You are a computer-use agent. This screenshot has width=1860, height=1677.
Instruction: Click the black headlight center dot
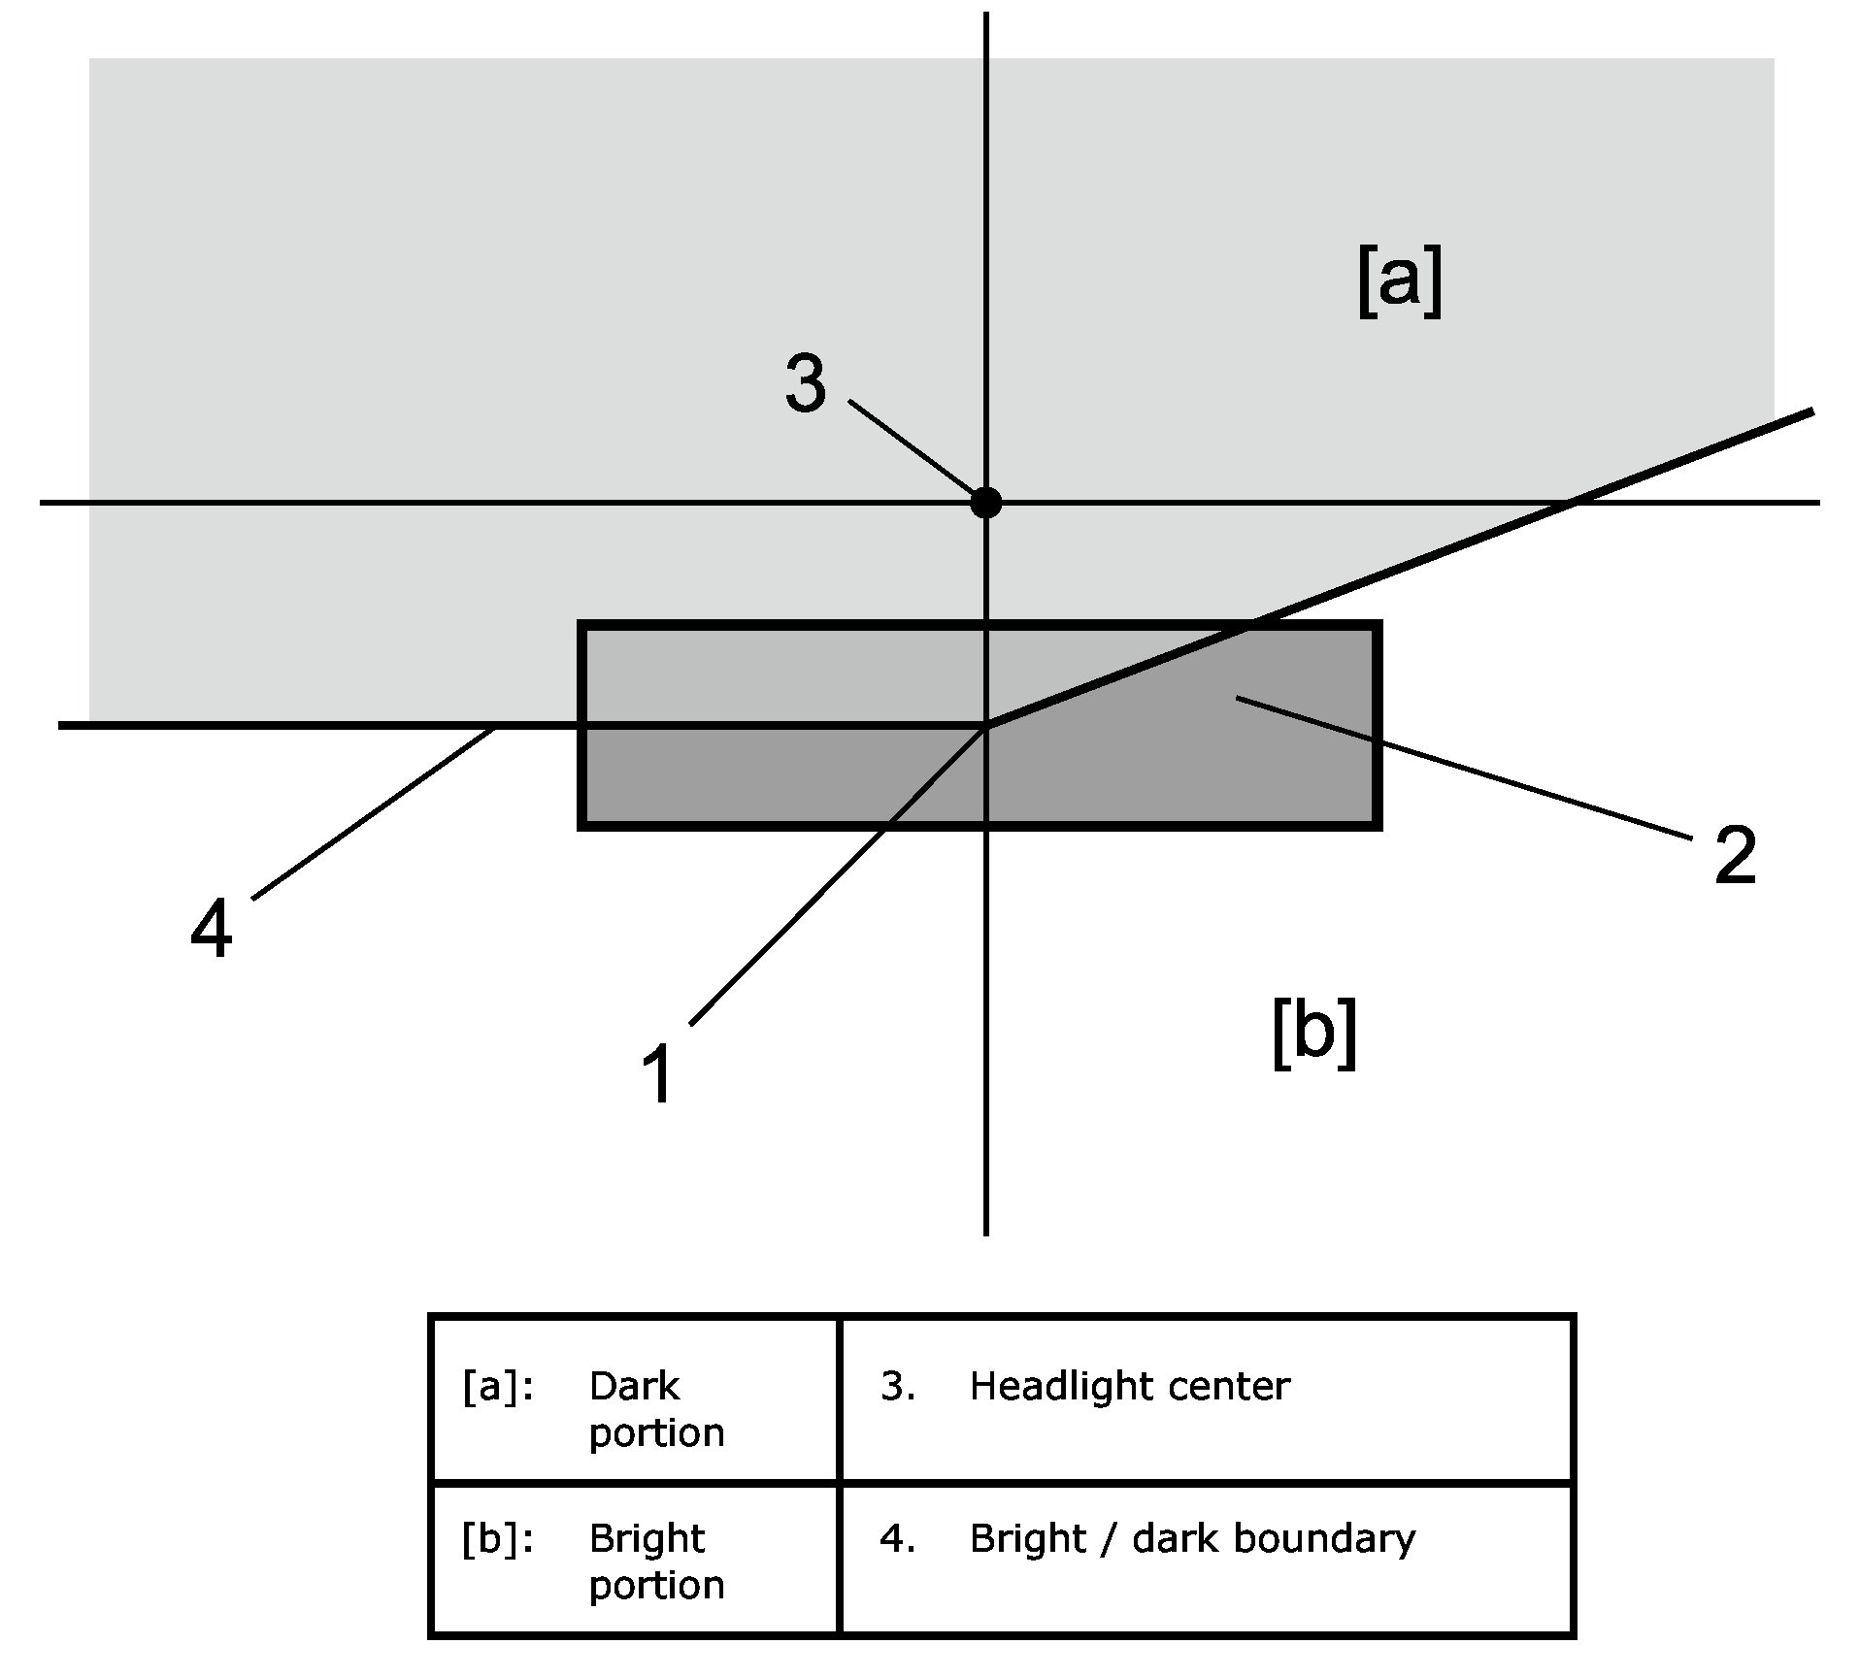pyautogui.click(x=985, y=503)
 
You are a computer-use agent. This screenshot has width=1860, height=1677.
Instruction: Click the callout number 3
pyautogui.click(x=806, y=384)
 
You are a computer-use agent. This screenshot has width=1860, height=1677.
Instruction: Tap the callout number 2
pyautogui.click(x=1736, y=855)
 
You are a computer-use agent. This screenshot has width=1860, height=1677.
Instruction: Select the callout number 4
pyautogui.click(x=212, y=929)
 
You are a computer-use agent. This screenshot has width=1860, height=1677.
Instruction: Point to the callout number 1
pyautogui.click(x=658, y=1074)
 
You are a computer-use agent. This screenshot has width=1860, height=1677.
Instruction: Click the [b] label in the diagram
pyautogui.click(x=1313, y=1035)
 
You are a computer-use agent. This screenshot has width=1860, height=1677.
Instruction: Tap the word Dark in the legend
pyautogui.click(x=634, y=1387)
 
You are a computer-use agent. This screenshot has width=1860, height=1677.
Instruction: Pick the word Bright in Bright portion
pyautogui.click(x=647, y=1540)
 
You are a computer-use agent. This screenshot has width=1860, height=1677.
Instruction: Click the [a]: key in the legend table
pyautogui.click(x=498, y=1388)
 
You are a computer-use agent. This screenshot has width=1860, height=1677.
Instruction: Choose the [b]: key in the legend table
pyautogui.click(x=498, y=1540)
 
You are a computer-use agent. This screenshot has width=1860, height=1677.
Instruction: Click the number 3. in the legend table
pyautogui.click(x=898, y=1387)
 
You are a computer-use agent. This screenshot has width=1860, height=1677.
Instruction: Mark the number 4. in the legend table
pyautogui.click(x=898, y=1539)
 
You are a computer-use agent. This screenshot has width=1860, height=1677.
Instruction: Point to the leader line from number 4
pyautogui.click(x=374, y=812)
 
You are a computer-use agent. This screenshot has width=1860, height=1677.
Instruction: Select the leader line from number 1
pyautogui.click(x=838, y=873)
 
